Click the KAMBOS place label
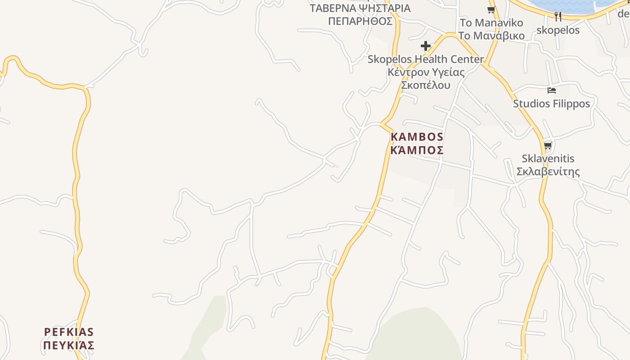pos(417,137)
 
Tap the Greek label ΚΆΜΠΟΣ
pos(417,150)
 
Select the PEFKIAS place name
pos(69,332)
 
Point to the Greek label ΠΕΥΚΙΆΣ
pos(69,346)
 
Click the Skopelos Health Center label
pos(426,59)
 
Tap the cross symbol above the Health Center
pos(425,46)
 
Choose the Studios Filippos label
pos(551,103)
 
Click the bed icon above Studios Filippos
pos(551,90)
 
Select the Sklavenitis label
pos(548,158)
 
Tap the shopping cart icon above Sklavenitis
pos(548,145)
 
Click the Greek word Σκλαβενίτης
pos(548,171)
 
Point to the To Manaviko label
pos(491,22)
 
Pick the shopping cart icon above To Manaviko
pos(491,9)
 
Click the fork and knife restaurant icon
pos(558,17)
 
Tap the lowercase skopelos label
pos(558,30)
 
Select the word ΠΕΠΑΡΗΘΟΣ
pos(360,21)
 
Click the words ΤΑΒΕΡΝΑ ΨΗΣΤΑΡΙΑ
pos(360,8)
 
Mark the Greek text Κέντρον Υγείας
pos(426,72)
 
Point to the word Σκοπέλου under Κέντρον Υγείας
pos(426,85)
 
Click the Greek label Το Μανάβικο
pos(491,36)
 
